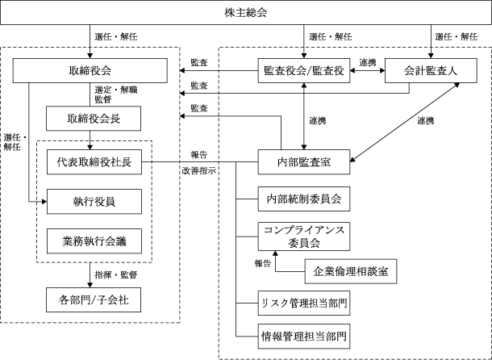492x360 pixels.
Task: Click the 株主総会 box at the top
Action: [246, 13]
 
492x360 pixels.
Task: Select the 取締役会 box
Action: [90, 71]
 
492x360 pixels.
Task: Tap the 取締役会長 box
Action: [94, 119]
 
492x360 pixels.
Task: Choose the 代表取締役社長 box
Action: [94, 162]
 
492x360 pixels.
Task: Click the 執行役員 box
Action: [94, 202]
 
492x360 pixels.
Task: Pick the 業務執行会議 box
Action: [94, 241]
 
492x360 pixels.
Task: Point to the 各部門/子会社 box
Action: [94, 299]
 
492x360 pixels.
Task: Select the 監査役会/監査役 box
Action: [304, 71]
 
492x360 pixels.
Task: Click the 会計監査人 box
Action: [432, 71]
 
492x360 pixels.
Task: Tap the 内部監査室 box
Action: [304, 162]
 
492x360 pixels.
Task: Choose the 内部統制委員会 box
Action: [304, 199]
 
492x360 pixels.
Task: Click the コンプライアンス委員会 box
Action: [304, 237]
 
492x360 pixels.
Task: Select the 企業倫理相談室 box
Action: [351, 271]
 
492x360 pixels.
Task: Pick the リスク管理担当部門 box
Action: [304, 303]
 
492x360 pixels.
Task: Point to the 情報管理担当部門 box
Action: [304, 337]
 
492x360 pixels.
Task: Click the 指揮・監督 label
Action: [116, 275]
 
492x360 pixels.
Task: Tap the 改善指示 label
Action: [199, 171]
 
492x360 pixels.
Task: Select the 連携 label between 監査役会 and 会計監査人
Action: [368, 62]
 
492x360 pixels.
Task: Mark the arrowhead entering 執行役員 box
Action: [44, 202]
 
